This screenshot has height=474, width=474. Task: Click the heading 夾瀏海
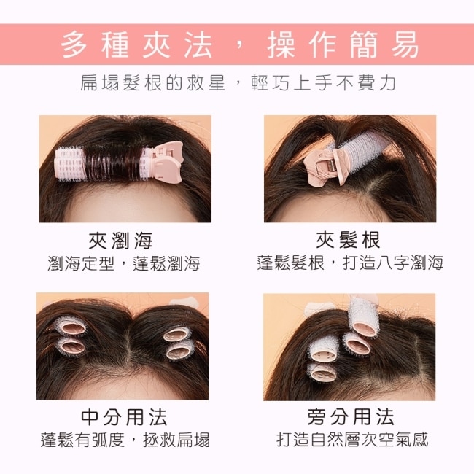pyautogui.click(x=120, y=241)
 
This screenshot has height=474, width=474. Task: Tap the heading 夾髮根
pyautogui.click(x=348, y=241)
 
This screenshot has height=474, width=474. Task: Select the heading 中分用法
pyautogui.click(x=124, y=417)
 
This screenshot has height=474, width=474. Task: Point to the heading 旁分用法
pyautogui.click(x=351, y=416)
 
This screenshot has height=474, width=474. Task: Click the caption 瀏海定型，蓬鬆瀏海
pyautogui.click(x=124, y=263)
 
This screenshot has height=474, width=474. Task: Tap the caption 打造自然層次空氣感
pyautogui.click(x=352, y=439)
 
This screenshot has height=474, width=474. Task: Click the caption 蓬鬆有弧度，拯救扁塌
pyautogui.click(x=125, y=440)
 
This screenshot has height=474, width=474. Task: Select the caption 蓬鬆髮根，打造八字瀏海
pyautogui.click(x=350, y=263)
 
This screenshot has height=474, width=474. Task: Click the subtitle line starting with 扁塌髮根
pyautogui.click(x=238, y=82)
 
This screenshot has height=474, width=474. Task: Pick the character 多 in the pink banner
pyautogui.click(x=74, y=44)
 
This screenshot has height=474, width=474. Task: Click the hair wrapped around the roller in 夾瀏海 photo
pyautogui.click(x=112, y=163)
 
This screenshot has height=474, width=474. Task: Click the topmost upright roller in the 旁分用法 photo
pyautogui.click(x=363, y=317)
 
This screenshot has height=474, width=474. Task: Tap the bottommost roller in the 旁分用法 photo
pyautogui.click(x=322, y=373)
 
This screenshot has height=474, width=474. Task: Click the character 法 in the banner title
pyautogui.click(x=198, y=44)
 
